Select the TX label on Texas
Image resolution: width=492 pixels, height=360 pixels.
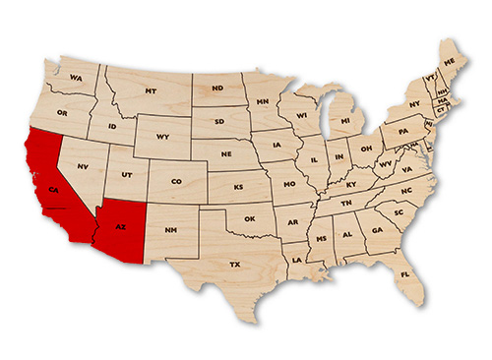click(234, 265)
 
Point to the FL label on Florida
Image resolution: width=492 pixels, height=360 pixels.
click(404, 274)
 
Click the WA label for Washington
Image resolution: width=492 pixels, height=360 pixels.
click(76, 77)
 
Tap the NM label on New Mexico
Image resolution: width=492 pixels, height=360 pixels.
click(170, 231)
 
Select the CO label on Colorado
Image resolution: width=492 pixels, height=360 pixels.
click(176, 181)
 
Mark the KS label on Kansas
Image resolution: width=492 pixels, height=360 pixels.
click(238, 186)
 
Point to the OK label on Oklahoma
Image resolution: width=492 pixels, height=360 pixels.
click(249, 218)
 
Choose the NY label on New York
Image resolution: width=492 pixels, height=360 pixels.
click(414, 103)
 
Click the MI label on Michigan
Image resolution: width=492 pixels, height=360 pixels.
click(345, 121)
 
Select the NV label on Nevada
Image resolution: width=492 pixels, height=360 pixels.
click(83, 166)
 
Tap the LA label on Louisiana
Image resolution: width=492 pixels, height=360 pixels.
click(297, 260)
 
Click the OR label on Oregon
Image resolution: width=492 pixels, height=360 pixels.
click(62, 112)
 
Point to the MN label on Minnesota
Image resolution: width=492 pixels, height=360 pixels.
click(263, 101)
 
